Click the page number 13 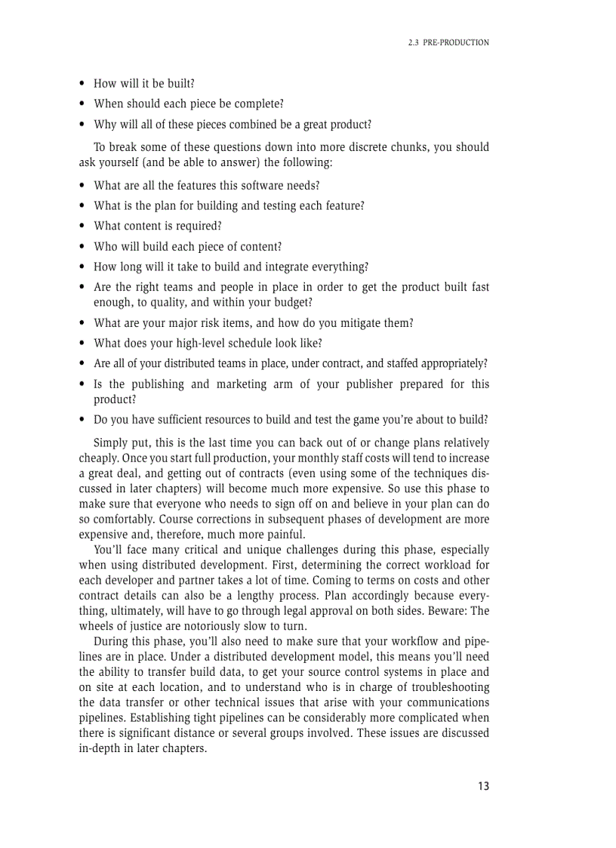[x=483, y=786]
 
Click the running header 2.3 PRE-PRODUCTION [x=448, y=43]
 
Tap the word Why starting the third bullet [x=106, y=125]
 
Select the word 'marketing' [x=241, y=384]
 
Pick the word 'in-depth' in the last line [x=100, y=748]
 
